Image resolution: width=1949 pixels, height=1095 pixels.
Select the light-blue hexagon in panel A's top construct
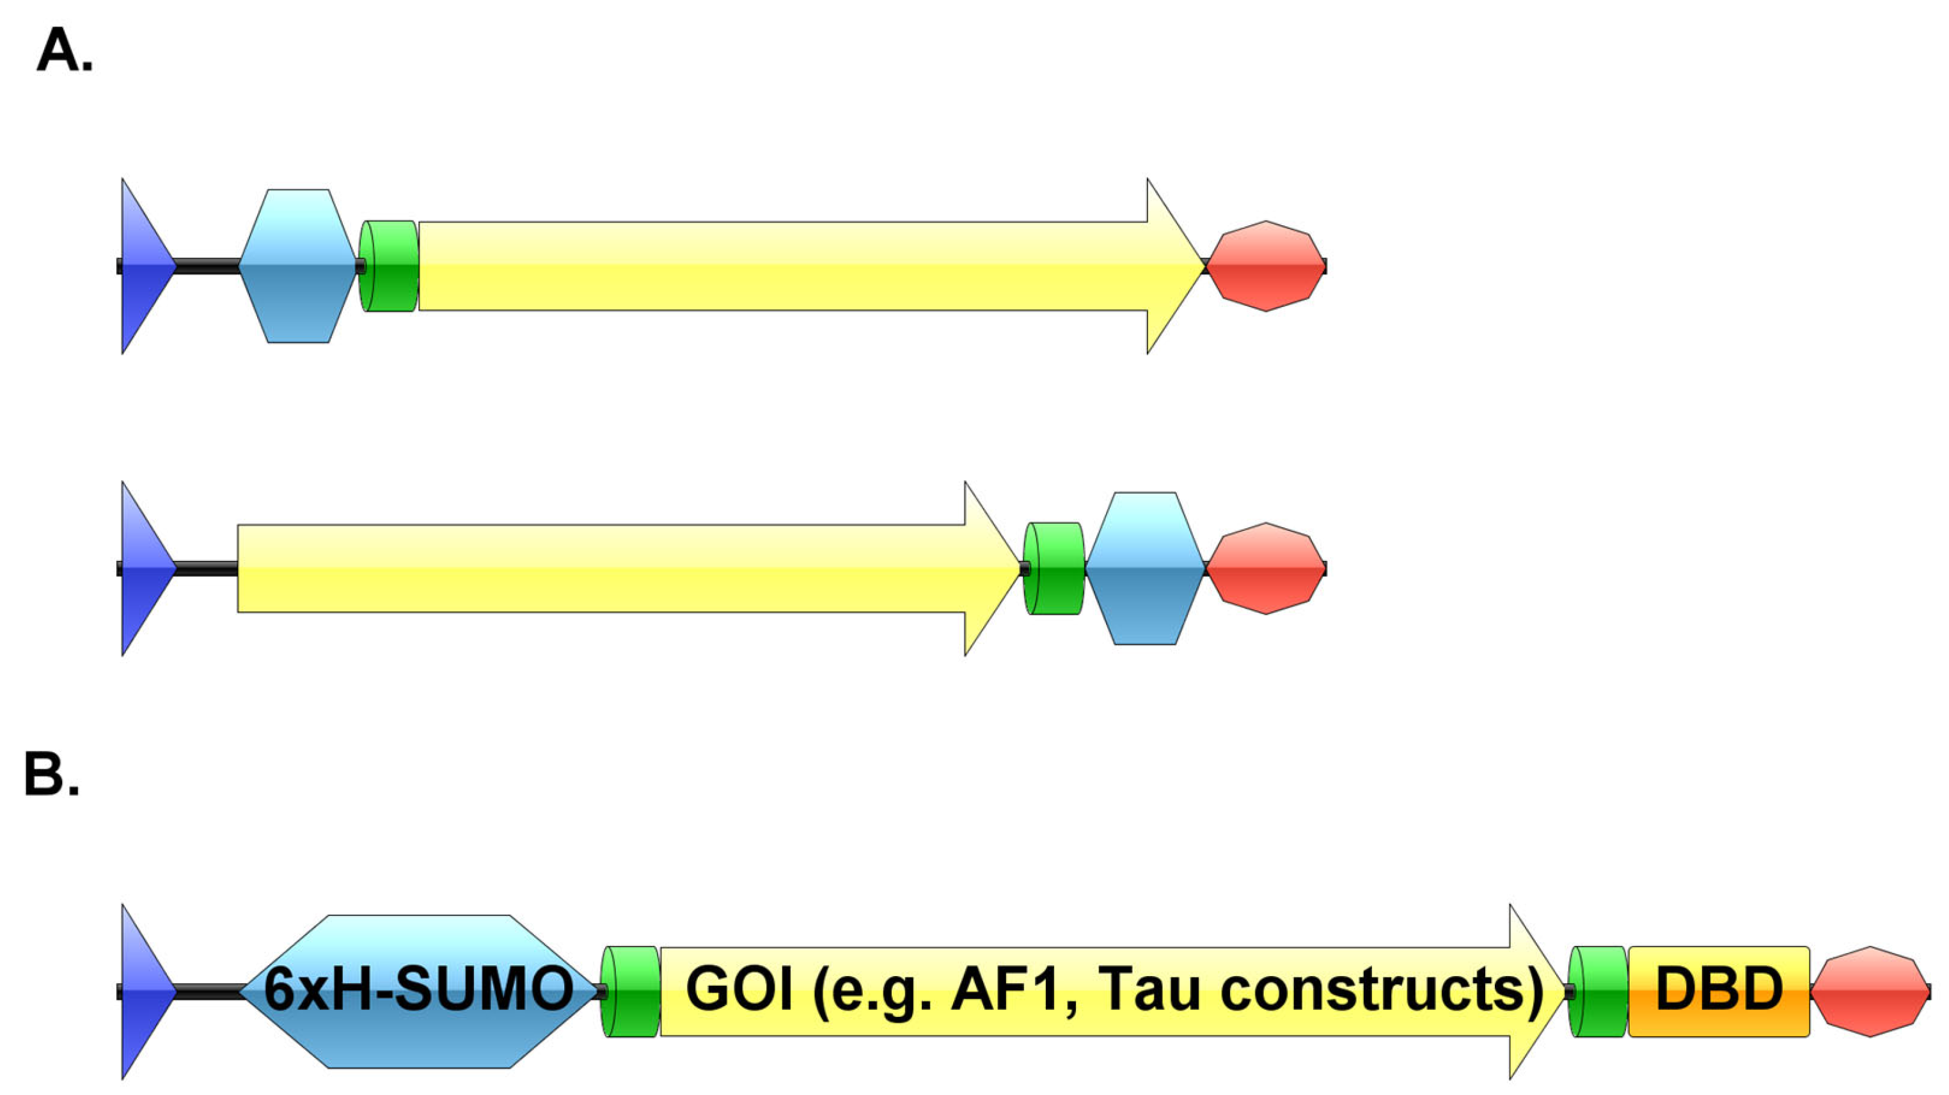coord(298,266)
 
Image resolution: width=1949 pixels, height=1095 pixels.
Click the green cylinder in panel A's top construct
coord(389,266)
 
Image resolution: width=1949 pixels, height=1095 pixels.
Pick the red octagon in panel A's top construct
coord(1266,266)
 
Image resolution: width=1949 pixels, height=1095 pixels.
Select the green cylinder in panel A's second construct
coord(1055,569)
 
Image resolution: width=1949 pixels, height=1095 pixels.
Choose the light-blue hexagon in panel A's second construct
coord(1145,569)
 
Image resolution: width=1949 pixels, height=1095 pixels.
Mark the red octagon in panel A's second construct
coord(1266,569)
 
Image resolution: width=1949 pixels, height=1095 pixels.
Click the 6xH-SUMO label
coord(418,990)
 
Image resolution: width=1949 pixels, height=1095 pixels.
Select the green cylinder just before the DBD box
coord(1598,991)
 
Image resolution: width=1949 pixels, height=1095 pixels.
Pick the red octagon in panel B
coord(1870,991)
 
